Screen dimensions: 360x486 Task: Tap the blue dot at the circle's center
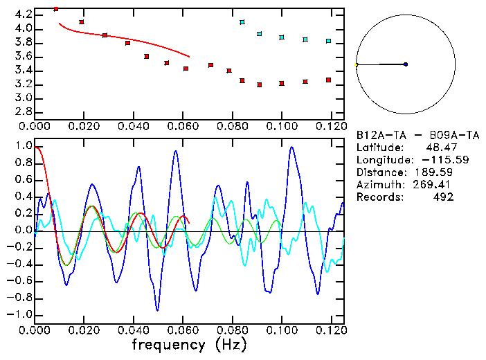point(406,64)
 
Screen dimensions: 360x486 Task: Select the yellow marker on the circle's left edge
point(356,64)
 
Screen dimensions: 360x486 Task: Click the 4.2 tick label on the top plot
point(23,15)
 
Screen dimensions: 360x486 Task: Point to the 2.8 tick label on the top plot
point(23,111)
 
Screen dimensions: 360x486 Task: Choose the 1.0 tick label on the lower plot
point(23,147)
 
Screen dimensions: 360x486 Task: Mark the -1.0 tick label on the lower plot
point(21,314)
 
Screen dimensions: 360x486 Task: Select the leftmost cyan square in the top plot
point(242,22)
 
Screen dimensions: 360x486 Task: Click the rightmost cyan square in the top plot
point(328,41)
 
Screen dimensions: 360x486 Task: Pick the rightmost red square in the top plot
point(328,80)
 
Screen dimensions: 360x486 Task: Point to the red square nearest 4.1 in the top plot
point(82,22)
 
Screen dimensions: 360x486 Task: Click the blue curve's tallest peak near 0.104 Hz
point(291,147)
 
